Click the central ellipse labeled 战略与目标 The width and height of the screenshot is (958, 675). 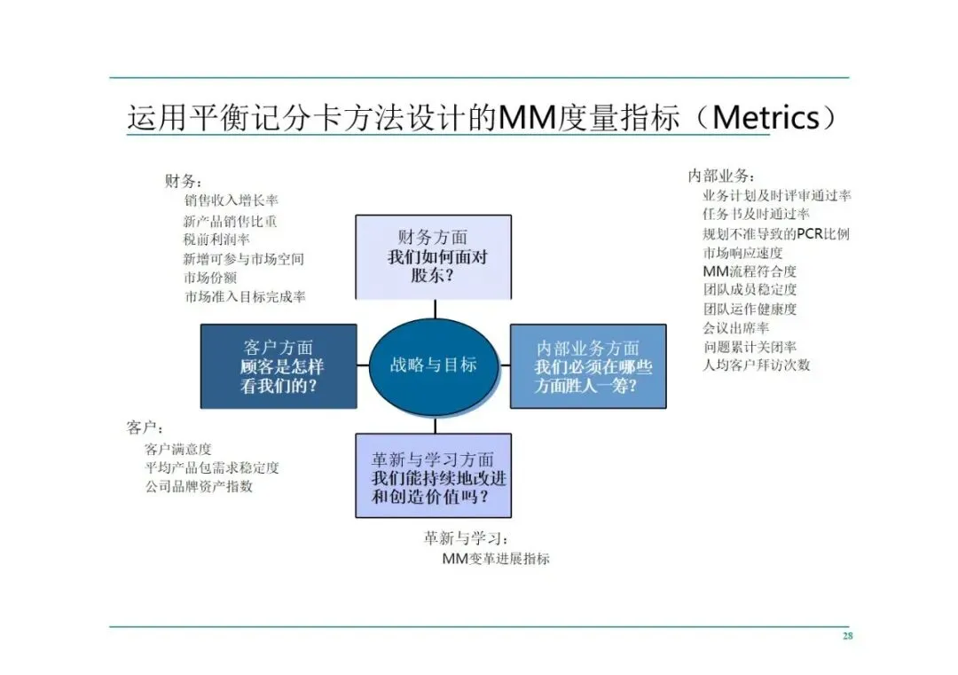click(434, 365)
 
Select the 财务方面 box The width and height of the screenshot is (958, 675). click(434, 256)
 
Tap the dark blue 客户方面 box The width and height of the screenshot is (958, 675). click(279, 365)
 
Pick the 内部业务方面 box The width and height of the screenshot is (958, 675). click(588, 365)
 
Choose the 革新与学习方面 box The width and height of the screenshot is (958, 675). click(434, 475)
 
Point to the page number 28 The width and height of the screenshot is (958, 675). click(846, 636)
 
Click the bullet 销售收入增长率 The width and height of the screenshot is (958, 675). click(232, 201)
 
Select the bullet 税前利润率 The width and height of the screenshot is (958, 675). click(216, 239)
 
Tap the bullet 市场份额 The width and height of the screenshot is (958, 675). click(209, 278)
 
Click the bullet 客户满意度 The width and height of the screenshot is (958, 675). click(178, 449)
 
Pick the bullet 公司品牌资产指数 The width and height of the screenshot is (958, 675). click(199, 486)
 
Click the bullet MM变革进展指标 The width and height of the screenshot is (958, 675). click(496, 559)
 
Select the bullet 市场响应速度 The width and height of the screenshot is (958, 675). click(742, 253)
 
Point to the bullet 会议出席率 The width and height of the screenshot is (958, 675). click(735, 327)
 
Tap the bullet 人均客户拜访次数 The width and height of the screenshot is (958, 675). click(756, 365)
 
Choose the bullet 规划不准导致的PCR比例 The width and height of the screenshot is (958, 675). click(776, 234)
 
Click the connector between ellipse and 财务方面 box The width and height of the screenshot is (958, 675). click(434, 309)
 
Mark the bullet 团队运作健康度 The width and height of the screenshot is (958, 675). click(750, 309)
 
